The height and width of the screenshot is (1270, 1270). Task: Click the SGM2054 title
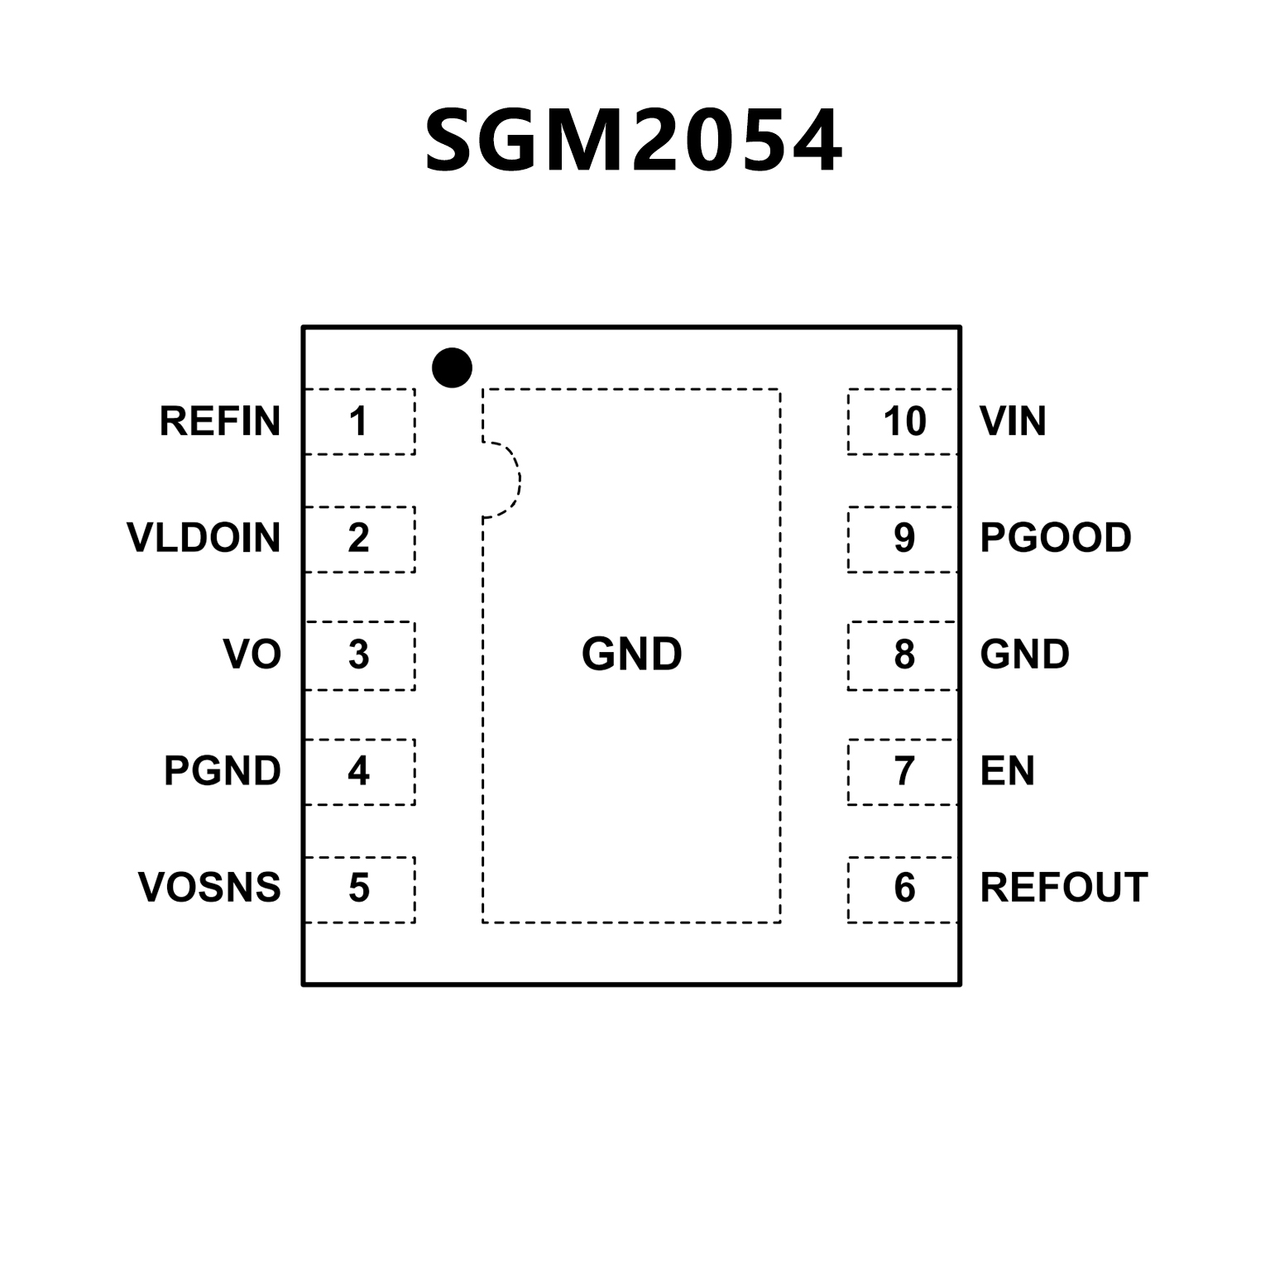pos(634,141)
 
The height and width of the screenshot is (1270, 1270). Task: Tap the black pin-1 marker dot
pos(452,367)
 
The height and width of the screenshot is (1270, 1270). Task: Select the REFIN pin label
pos(220,421)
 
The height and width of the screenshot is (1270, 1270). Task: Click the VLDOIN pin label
pos(204,538)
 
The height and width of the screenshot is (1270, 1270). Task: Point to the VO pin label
pos(252,654)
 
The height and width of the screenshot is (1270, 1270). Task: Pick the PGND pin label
pos(222,771)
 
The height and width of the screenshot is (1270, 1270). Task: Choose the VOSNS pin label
pos(209,888)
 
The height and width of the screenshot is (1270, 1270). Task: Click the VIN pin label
pos(1013,421)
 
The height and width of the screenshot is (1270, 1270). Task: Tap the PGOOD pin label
pos(1055,538)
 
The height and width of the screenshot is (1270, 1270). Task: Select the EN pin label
pos(1007,771)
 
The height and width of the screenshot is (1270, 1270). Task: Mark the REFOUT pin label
pos(1063,888)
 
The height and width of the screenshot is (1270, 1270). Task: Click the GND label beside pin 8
pos(1024,654)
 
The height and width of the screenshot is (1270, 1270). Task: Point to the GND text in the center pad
pos(631,654)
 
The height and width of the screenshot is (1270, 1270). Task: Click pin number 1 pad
pos(359,421)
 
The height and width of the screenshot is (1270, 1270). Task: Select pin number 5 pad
pos(359,889)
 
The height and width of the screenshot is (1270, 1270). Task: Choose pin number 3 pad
pos(359,655)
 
